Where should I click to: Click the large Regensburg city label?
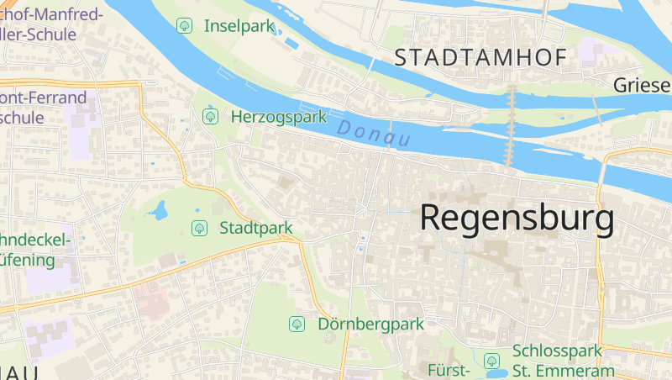[x=517, y=218]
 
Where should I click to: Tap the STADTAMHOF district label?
[x=480, y=58]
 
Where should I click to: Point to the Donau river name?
[x=373, y=133]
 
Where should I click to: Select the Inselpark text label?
[x=239, y=26]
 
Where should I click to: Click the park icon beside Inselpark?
[x=184, y=26]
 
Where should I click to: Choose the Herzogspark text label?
[x=278, y=117]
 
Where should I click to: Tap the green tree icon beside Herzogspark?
[x=210, y=116]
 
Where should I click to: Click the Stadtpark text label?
[x=255, y=228]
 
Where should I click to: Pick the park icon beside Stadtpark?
[x=199, y=227]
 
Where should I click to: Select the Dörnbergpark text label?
[x=370, y=324]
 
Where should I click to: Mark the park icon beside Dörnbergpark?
[x=297, y=324]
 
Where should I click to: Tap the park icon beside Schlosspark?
[x=492, y=361]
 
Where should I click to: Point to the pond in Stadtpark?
[x=159, y=209]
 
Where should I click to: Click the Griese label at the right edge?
[x=642, y=85]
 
